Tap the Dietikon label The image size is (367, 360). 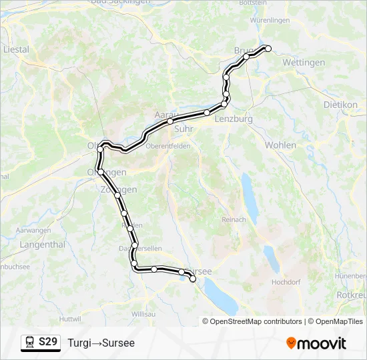(x=340, y=105)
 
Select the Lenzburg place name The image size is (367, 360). (x=234, y=119)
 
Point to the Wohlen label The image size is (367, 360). (x=280, y=145)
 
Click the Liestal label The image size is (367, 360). (x=17, y=49)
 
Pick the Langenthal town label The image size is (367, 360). (x=42, y=245)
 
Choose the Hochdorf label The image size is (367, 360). (x=285, y=283)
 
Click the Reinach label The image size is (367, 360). (x=234, y=219)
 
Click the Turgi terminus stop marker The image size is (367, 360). (x=268, y=48)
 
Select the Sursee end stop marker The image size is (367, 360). (x=194, y=280)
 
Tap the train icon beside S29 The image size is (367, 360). (x=29, y=343)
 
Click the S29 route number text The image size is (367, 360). (x=48, y=342)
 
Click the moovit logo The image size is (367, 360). (x=316, y=343)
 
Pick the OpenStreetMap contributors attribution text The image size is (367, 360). (x=256, y=321)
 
